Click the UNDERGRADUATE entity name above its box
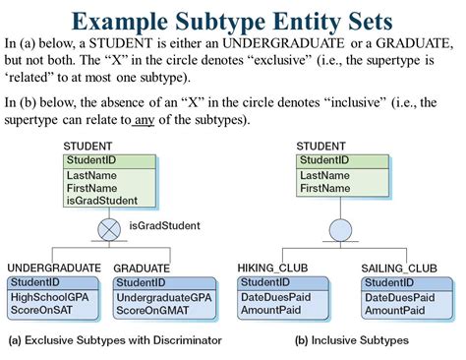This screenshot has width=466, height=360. [53, 268]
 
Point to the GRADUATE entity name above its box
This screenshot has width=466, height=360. [143, 268]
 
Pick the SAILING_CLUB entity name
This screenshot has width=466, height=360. [399, 268]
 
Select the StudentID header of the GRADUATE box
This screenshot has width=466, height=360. [141, 282]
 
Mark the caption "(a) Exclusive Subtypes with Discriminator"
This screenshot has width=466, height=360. [115, 340]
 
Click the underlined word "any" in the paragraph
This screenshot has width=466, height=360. [145, 120]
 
